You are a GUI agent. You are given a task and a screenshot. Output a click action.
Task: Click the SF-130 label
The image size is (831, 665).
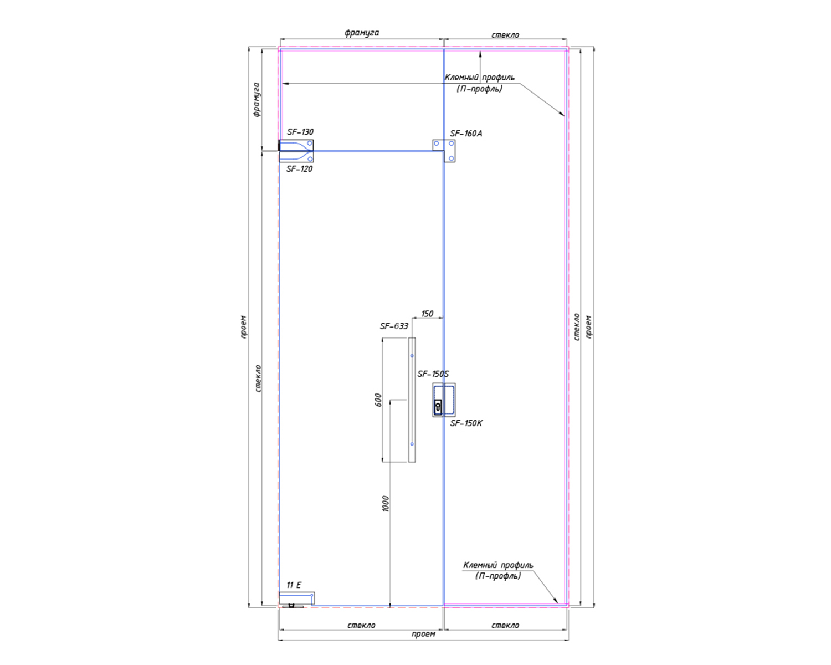click(x=300, y=132)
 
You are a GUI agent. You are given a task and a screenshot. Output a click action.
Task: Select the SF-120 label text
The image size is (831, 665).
click(x=299, y=169)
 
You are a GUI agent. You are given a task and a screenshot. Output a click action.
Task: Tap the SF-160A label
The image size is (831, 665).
click(x=466, y=134)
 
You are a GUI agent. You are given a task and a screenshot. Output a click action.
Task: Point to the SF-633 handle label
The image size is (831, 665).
click(x=394, y=326)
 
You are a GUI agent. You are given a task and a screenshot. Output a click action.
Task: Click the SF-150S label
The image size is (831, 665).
click(x=433, y=374)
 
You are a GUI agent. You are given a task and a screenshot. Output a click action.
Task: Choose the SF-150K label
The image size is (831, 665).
click(x=466, y=423)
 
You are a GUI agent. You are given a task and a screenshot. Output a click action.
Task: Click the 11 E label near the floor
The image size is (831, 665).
click(x=294, y=585)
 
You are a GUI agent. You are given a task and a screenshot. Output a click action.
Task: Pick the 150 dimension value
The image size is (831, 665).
click(x=427, y=314)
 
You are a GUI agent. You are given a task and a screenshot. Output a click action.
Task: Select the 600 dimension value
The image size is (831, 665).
click(x=378, y=400)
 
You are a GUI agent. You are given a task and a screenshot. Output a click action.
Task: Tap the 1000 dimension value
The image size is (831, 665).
click(x=386, y=504)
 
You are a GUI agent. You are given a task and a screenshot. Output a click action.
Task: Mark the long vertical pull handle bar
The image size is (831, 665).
click(x=412, y=400)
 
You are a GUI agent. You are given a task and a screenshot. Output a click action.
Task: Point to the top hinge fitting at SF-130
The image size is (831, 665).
click(x=296, y=146)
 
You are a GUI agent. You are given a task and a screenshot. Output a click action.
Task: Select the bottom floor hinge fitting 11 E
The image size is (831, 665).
click(x=296, y=599)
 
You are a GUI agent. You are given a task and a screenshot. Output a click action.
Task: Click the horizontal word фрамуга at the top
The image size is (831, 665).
click(x=362, y=33)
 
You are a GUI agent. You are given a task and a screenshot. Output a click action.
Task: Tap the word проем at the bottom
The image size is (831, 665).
click(x=423, y=634)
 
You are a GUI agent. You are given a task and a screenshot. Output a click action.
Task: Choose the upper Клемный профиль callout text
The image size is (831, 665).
click(x=479, y=83)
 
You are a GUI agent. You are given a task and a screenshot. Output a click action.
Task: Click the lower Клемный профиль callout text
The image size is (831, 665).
click(x=498, y=570)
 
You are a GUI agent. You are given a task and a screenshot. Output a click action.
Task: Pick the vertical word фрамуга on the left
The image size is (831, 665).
click(x=256, y=100)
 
